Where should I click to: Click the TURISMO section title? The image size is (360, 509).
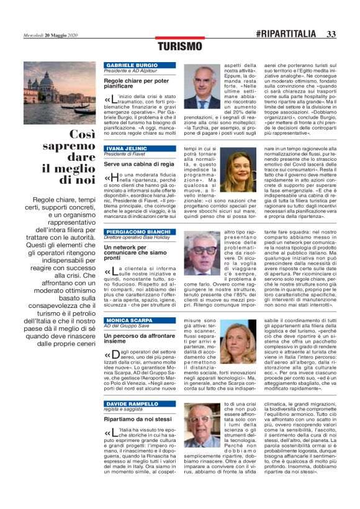click(x=179, y=46)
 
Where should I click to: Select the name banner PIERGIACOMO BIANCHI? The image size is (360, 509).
click(x=134, y=231)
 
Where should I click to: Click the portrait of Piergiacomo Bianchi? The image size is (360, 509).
click(x=203, y=254)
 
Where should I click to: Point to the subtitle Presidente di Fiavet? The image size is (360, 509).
click(x=124, y=155)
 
